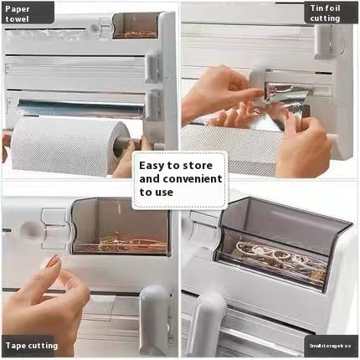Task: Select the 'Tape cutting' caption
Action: (29, 345)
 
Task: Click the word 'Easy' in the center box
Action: (154, 166)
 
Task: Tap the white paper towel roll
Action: (63, 146)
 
